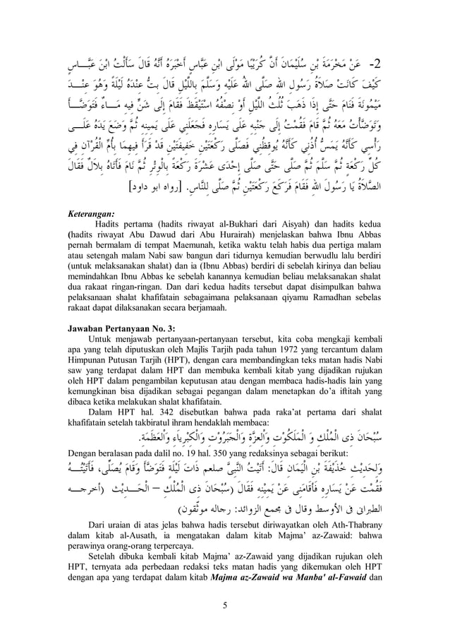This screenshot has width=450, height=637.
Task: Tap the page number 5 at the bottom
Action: [x=224, y=605]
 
